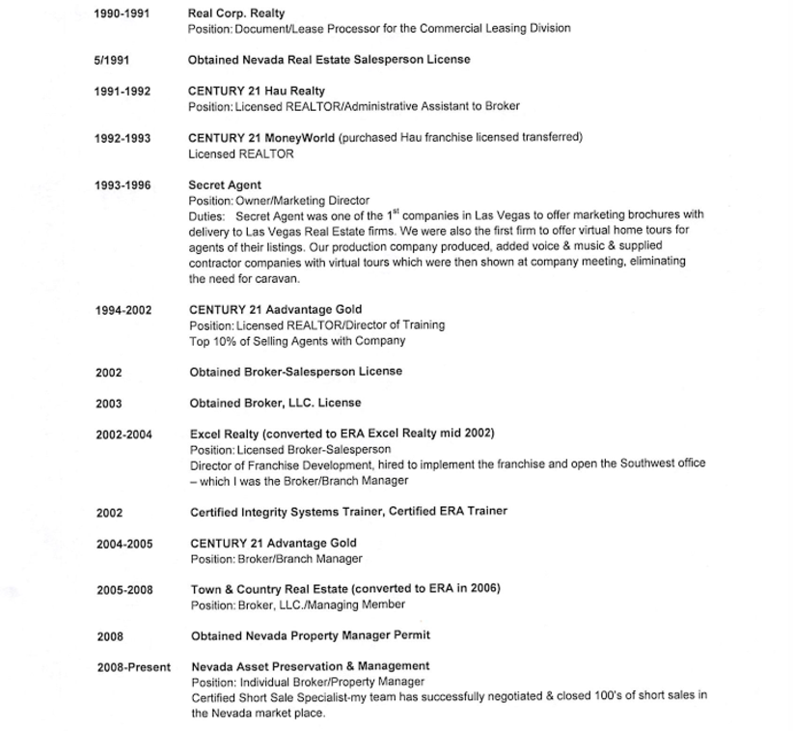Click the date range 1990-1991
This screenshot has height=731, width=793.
pos(122,14)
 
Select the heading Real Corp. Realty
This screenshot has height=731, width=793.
pos(235,14)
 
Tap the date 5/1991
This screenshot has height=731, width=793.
pos(111,60)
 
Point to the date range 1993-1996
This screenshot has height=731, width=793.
pos(123,185)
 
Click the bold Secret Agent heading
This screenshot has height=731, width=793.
pos(224,185)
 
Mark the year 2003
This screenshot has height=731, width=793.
pos(109,404)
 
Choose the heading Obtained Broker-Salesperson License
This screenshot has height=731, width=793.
pos(295,372)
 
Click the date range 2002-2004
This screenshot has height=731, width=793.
pos(123,435)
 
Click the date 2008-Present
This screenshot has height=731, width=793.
pos(133,667)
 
